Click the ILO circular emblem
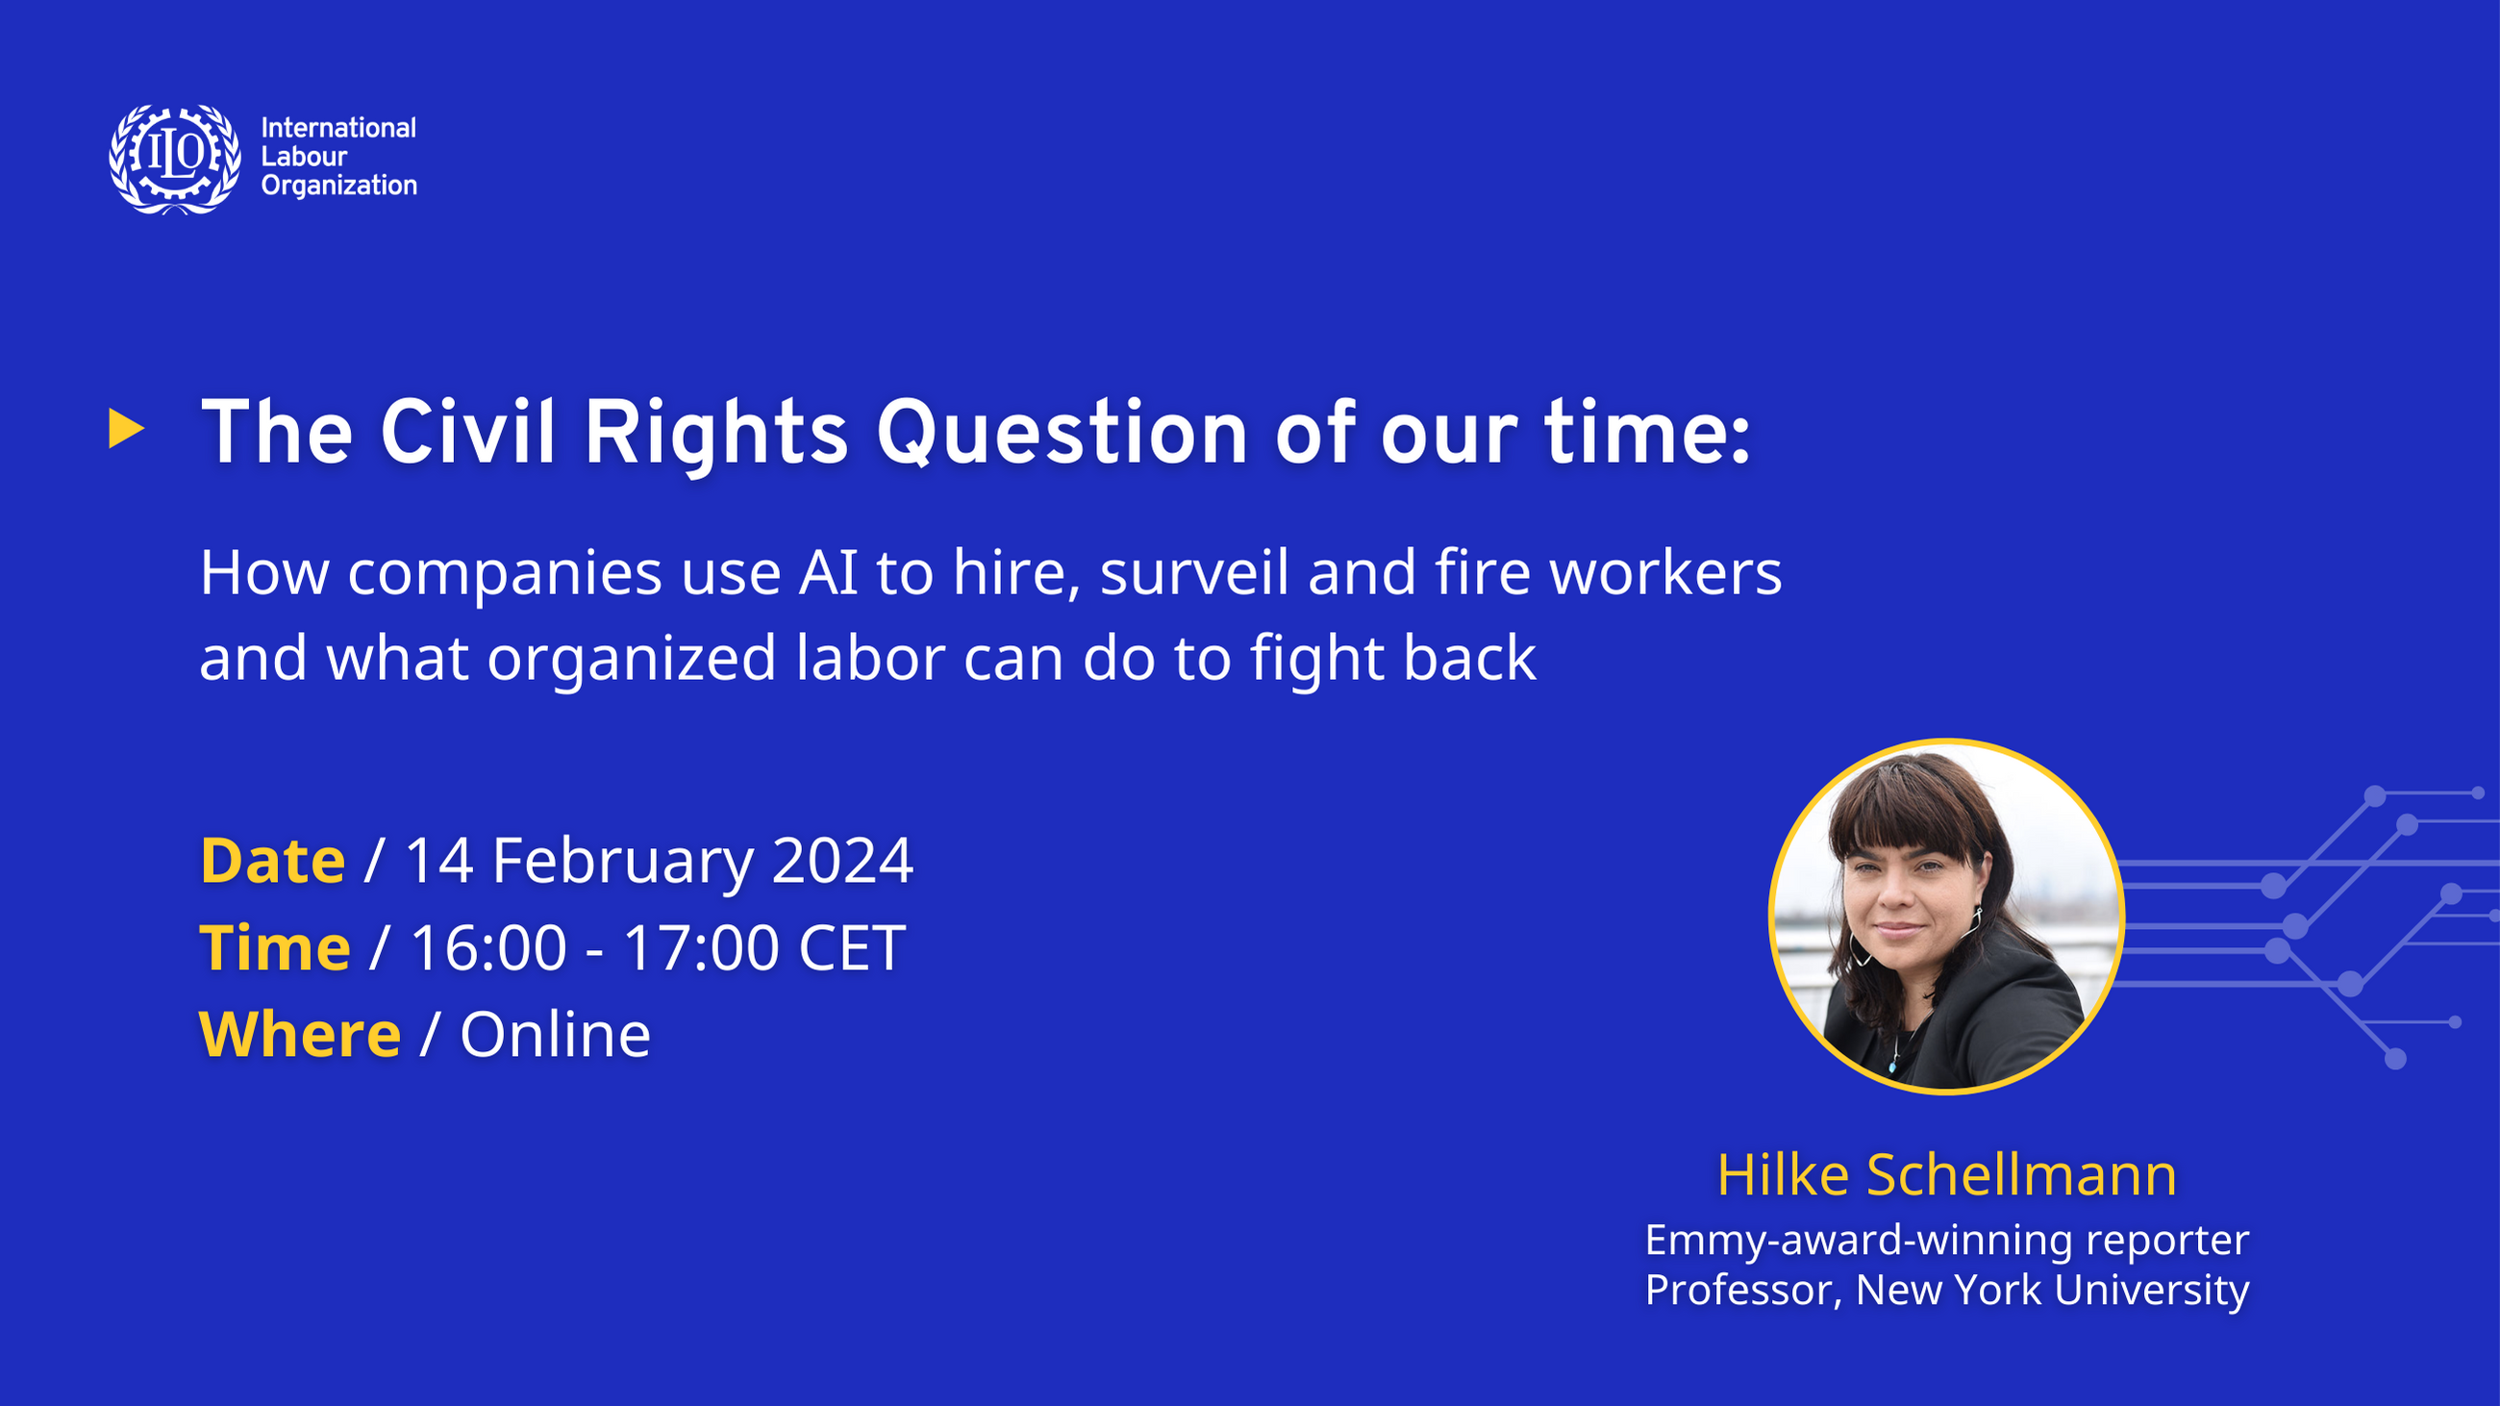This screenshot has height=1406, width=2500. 175,158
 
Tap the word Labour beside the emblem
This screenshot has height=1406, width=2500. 304,156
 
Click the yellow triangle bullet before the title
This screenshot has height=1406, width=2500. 126,429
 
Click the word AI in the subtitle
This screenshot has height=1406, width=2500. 828,572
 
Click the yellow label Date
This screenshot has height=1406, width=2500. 273,861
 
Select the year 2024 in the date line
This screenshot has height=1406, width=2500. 842,861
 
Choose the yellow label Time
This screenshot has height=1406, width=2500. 275,948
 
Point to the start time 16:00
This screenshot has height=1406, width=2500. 489,948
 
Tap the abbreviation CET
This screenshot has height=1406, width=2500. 851,948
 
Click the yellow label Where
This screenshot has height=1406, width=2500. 300,1035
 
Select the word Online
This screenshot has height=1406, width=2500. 555,1035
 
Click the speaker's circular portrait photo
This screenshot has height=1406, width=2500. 1946,916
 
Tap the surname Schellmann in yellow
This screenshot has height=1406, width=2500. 2021,1175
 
